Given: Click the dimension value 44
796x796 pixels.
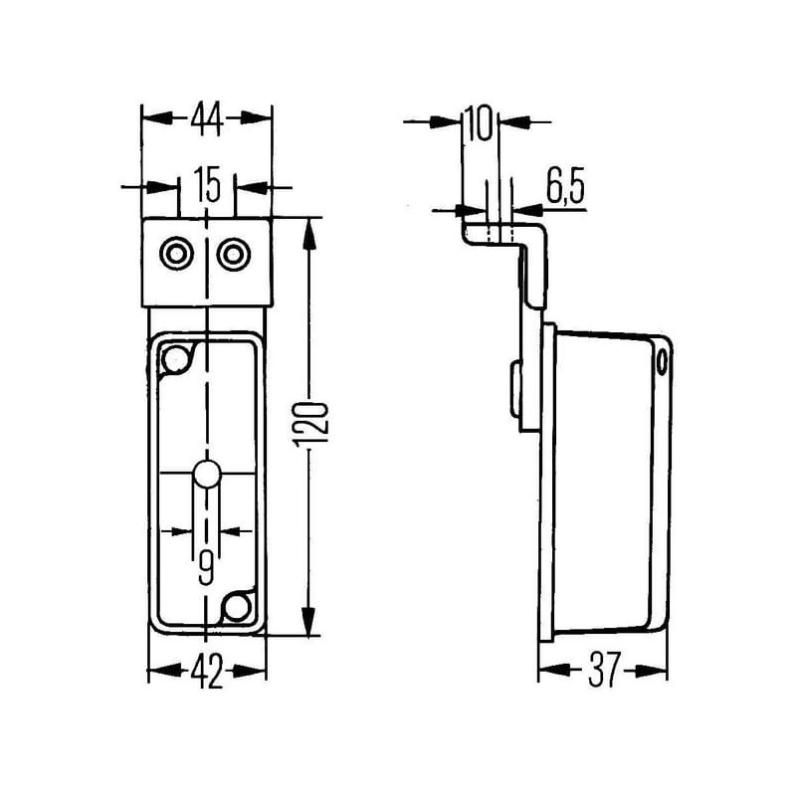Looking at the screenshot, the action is pos(207,118).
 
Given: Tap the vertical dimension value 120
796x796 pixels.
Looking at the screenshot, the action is pos(311,426).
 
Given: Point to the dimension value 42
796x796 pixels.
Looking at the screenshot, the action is pos(207,671).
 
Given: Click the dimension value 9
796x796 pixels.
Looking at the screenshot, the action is pos(206,568).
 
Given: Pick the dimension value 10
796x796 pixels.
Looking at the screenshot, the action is pos(479,122).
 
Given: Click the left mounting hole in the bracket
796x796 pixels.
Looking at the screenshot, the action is pos(177,254).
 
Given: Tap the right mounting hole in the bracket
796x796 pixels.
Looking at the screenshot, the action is pos(234,254).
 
